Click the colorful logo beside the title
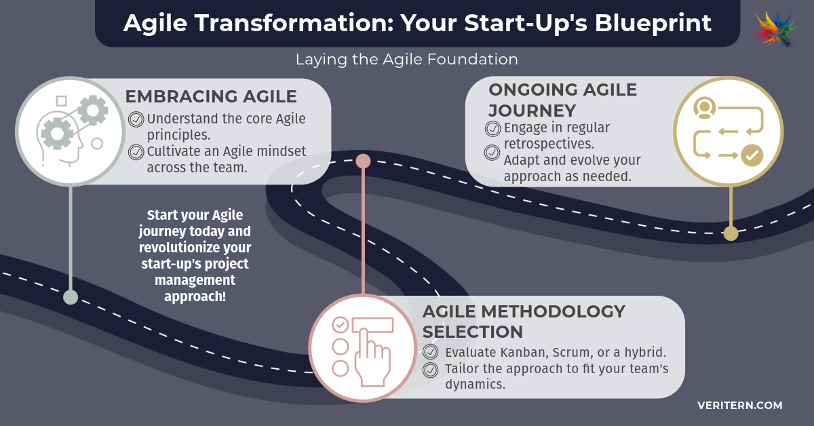[x=775, y=30]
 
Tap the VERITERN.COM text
[x=740, y=405]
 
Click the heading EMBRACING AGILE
[x=211, y=97]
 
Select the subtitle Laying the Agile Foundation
[x=406, y=59]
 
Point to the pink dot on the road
[x=363, y=161]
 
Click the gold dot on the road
[x=731, y=233]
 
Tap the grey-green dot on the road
[x=71, y=297]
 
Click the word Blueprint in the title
[x=653, y=23]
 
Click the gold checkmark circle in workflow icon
[x=752, y=155]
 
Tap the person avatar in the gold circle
[x=705, y=108]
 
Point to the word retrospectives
[x=549, y=144]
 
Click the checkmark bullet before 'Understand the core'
[x=136, y=119]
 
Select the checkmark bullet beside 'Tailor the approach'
[x=431, y=370]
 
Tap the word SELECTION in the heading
[x=472, y=332]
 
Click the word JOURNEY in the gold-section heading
[x=532, y=111]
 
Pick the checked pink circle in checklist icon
[x=341, y=325]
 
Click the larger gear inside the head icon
[x=57, y=134]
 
